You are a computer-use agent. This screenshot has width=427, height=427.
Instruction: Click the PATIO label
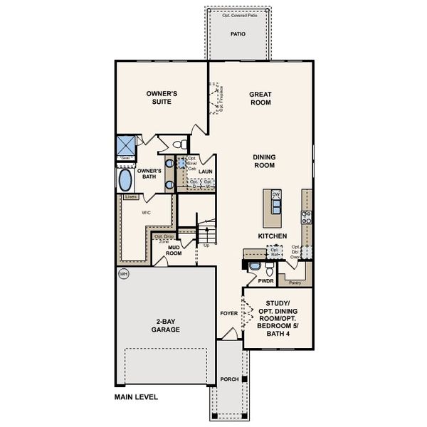tap(238, 34)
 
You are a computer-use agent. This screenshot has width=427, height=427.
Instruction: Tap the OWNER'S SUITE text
tap(161, 97)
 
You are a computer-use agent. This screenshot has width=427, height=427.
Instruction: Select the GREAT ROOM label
tap(262, 98)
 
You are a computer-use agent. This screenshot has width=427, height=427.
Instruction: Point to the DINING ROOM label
tap(264, 161)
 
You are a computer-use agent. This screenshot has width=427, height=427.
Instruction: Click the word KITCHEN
tap(273, 236)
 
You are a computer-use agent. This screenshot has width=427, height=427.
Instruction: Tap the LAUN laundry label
tap(206, 172)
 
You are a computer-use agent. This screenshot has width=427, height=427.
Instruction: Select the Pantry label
tap(295, 283)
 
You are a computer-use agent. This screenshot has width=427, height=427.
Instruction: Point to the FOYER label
tap(227, 312)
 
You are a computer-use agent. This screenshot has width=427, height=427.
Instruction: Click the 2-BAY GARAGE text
tap(165, 326)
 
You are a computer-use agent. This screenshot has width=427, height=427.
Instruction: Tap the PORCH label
tap(229, 379)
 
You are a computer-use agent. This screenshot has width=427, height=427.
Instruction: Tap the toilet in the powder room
tap(269, 270)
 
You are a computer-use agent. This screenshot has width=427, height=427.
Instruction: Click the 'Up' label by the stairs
tap(207, 245)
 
